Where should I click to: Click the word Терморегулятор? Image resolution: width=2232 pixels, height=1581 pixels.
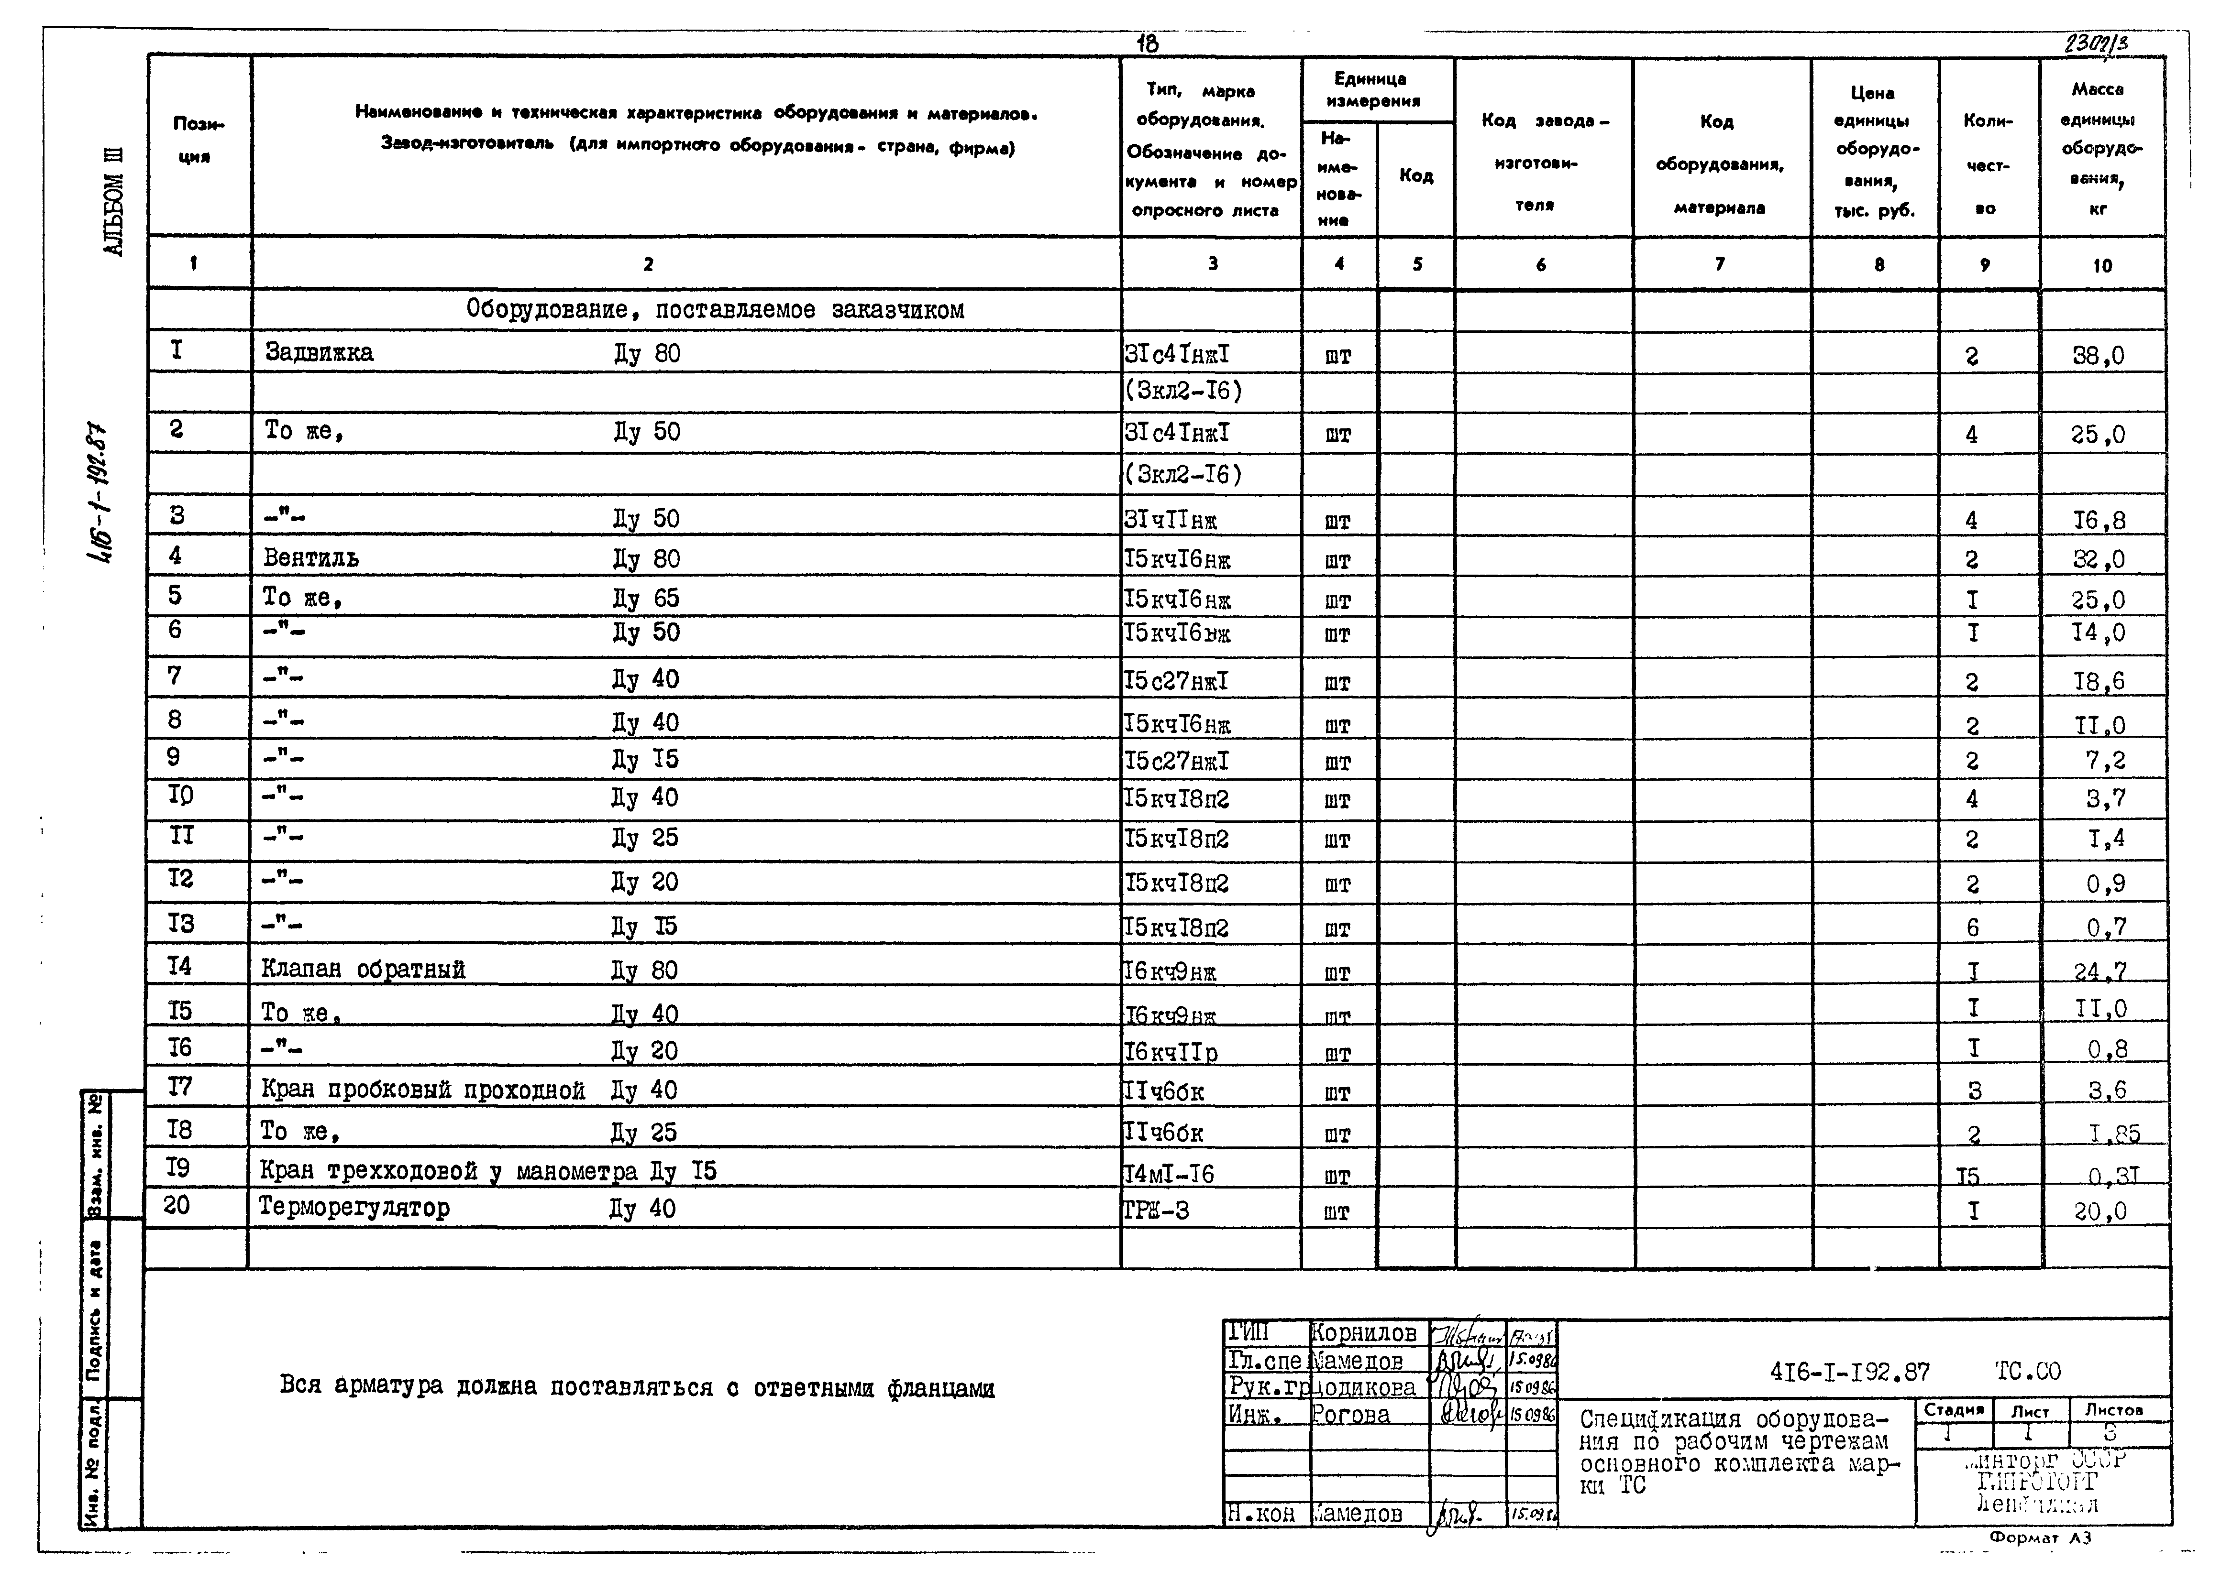tap(354, 1208)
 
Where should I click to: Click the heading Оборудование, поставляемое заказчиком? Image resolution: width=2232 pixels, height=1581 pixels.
tap(715, 310)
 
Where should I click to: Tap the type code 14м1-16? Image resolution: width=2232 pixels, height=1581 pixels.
tap(1169, 1174)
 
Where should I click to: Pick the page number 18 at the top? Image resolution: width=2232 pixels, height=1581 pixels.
tap(1147, 43)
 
